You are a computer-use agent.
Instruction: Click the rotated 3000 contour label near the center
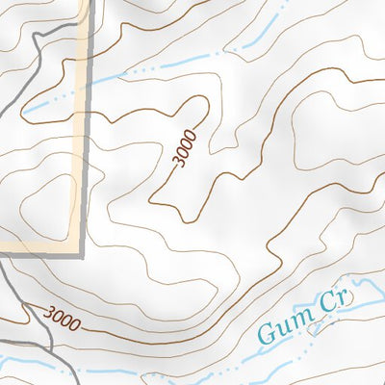pyautogui.click(x=187, y=148)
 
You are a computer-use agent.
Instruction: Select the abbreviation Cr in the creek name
pyautogui.click(x=334, y=301)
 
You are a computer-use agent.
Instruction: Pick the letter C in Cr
pyautogui.click(x=328, y=303)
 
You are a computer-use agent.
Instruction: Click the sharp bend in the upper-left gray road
pyautogui.click(x=35, y=37)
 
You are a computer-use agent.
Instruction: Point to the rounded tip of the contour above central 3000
pyautogui.click(x=201, y=98)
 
